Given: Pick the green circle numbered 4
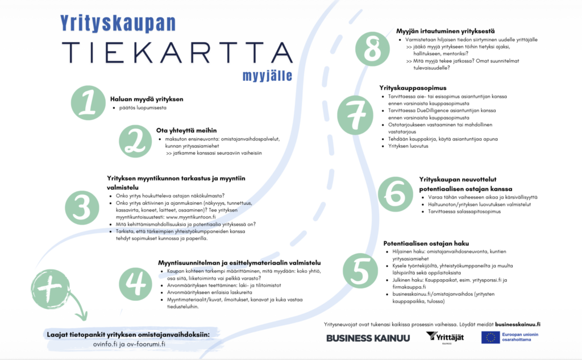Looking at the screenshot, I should click(x=136, y=283).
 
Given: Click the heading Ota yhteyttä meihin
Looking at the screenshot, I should click(x=186, y=130).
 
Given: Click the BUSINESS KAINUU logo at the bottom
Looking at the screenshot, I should click(x=368, y=338).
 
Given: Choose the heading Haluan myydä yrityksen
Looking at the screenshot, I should click(x=147, y=99).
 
